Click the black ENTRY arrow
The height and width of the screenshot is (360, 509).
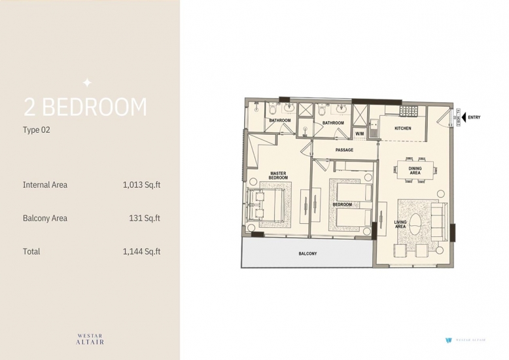pos(464,117)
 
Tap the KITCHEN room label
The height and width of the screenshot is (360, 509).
pos(403,128)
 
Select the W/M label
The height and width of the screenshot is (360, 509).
pos(359,134)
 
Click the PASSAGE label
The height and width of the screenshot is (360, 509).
pos(344,150)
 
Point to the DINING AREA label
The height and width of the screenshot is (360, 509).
pos(415,171)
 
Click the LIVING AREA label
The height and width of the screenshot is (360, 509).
pos(400,225)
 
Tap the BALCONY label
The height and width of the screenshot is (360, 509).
pos(307,253)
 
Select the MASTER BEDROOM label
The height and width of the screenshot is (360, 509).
pos(278,175)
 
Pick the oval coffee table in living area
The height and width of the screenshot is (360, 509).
pos(415,225)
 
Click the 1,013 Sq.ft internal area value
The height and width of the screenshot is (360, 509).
pos(141,185)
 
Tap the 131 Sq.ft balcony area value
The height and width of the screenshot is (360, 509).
pos(145,218)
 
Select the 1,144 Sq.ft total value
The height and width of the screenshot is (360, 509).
pos(141,251)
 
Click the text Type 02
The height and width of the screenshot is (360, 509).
pos(37,130)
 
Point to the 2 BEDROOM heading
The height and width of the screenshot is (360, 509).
pos(85,107)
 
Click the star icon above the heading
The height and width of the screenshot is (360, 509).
pos(87,83)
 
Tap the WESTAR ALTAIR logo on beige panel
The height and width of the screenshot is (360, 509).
pos(90,339)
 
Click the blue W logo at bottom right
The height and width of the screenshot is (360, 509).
pos(449,340)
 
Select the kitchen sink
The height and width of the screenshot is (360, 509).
pos(375,128)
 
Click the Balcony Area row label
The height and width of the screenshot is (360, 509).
pos(44,218)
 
